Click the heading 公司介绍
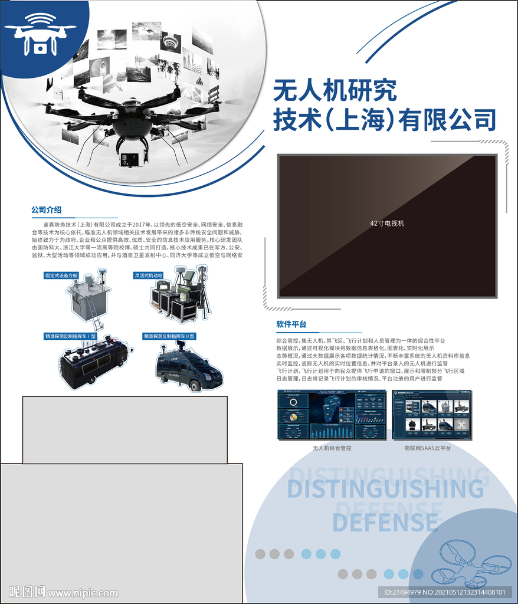[x=47, y=210]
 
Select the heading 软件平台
[x=291, y=324]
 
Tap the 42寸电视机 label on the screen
[x=387, y=224]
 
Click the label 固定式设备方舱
[x=61, y=275]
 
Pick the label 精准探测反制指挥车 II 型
[x=169, y=336]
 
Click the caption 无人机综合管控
[x=332, y=448]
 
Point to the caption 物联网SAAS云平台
[x=427, y=448]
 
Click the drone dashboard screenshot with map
[x=332, y=415]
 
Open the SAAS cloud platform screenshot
[x=432, y=415]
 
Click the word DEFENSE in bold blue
[x=385, y=523]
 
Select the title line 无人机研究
[x=335, y=91]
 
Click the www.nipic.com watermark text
[x=83, y=593]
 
